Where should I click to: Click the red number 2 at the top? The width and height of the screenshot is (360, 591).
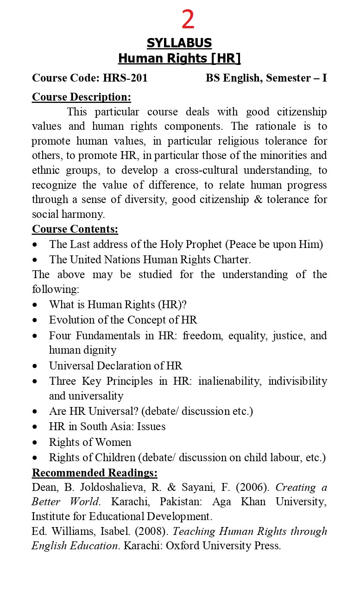tap(188, 20)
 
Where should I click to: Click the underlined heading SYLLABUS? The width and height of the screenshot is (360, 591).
tap(179, 43)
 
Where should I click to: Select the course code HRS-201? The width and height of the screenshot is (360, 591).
tap(125, 78)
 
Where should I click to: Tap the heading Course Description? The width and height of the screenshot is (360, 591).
tap(82, 97)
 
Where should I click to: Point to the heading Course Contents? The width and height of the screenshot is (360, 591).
tap(75, 229)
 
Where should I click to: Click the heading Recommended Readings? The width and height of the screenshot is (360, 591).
tap(95, 473)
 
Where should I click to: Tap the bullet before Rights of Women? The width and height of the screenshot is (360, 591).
tap(36, 443)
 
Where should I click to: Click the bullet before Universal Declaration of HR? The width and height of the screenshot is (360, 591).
tap(36, 366)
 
